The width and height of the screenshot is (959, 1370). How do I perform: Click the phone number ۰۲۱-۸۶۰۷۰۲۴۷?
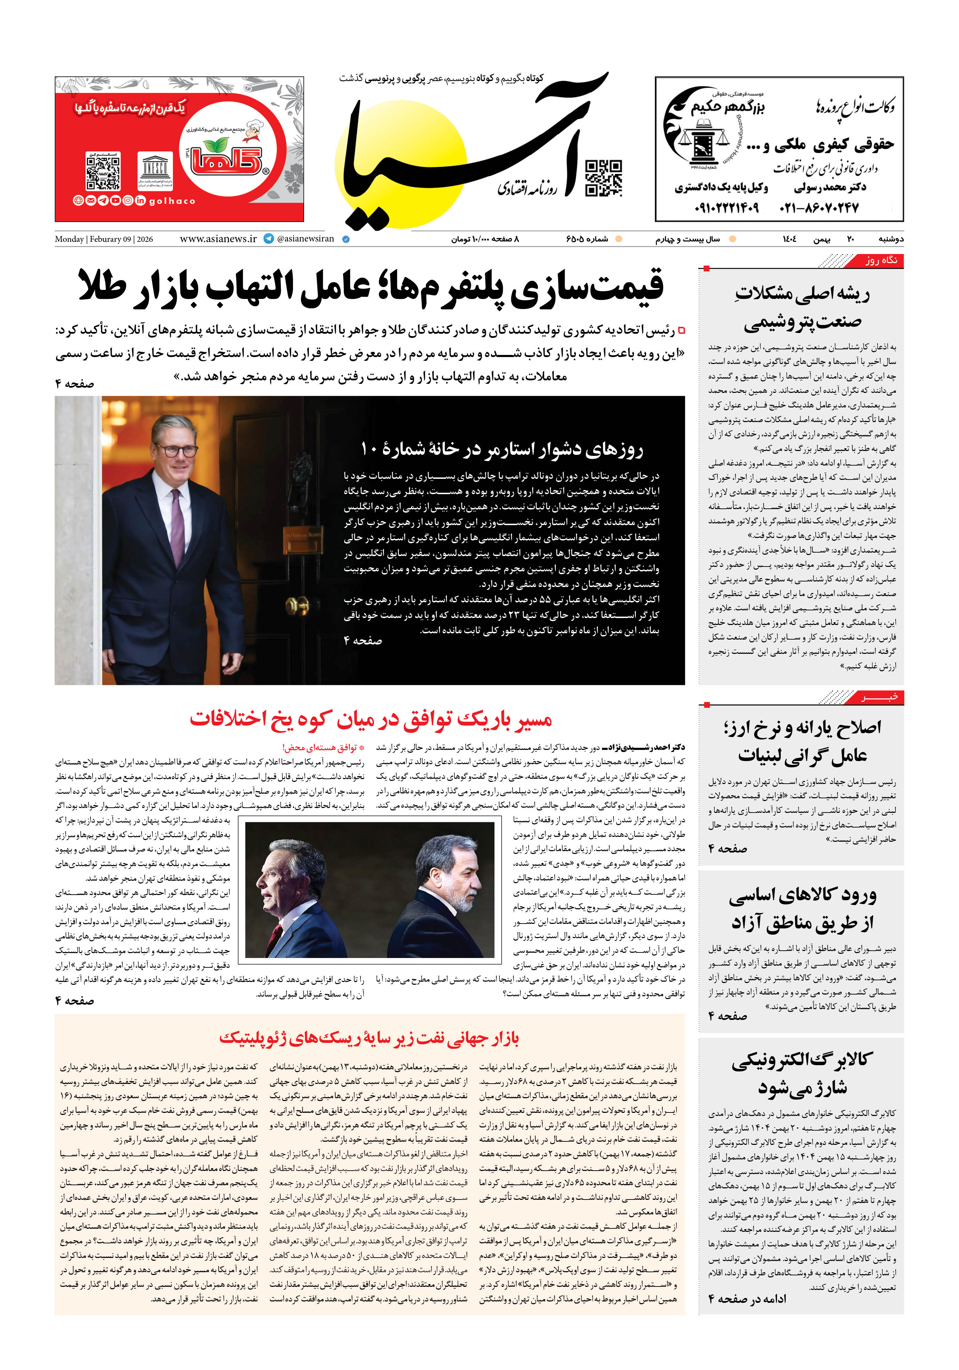tap(819, 208)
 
